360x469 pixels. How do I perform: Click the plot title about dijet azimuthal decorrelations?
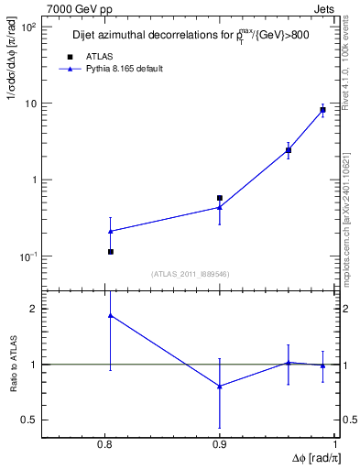click(x=191, y=37)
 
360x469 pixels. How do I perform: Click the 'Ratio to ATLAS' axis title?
click(x=13, y=364)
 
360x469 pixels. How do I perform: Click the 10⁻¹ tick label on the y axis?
click(x=28, y=256)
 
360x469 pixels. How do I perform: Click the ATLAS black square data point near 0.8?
click(x=110, y=251)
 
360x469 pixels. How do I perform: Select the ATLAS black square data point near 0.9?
click(x=220, y=198)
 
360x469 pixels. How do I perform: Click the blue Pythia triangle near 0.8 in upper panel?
click(x=110, y=231)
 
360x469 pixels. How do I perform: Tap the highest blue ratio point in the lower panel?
click(x=110, y=315)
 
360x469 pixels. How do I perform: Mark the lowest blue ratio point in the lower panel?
click(x=220, y=386)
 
